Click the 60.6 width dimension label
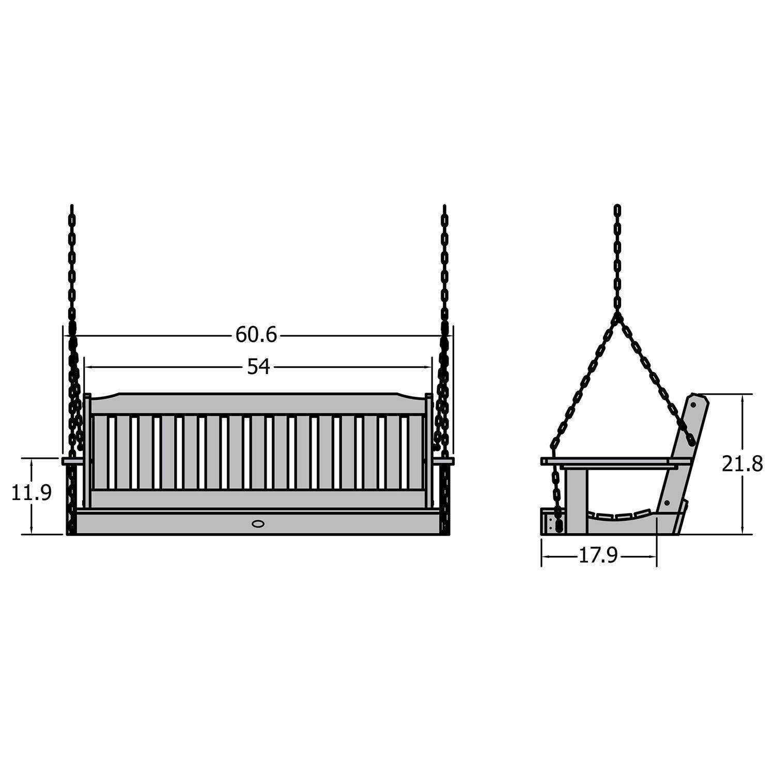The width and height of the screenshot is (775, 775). tap(256, 335)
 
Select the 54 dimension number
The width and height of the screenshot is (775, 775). tap(258, 367)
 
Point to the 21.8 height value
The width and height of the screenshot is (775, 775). tap(742, 464)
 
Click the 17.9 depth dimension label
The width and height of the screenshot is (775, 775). tap(598, 556)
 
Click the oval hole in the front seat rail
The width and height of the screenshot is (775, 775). tap(257, 523)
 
